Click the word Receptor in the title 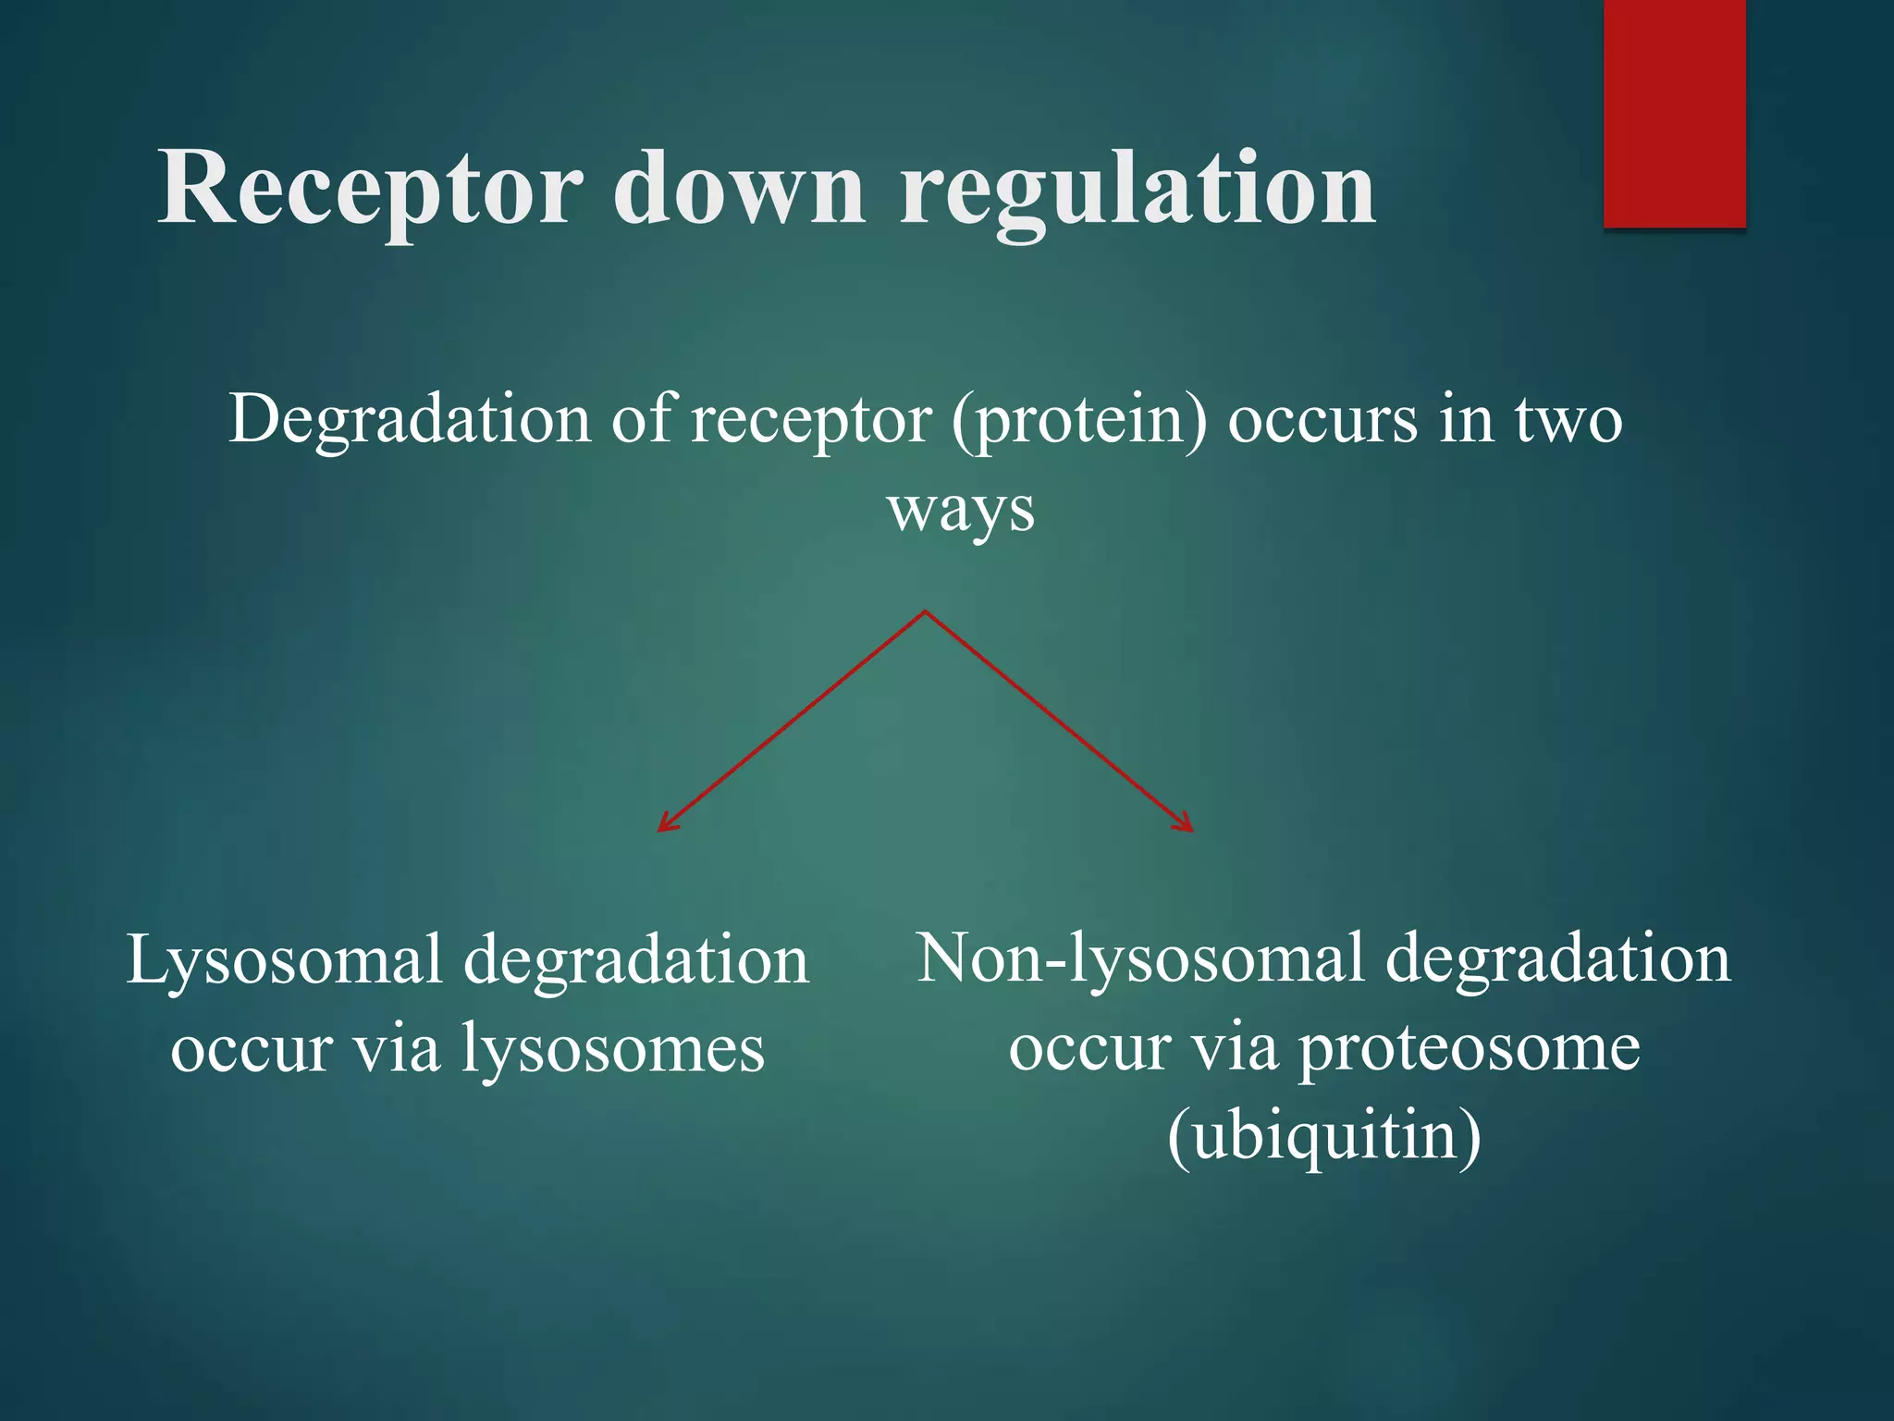point(370,190)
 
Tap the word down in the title point(739,190)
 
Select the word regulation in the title point(1138,190)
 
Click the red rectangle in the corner point(1674,113)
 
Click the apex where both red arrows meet point(925,612)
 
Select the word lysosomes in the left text point(612,1050)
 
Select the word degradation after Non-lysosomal point(1557,958)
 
